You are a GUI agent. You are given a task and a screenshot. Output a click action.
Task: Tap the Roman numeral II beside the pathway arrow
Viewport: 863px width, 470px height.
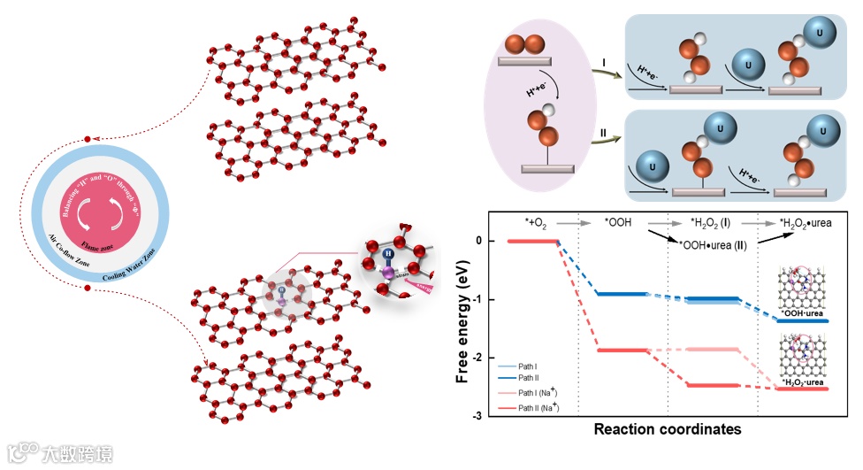pos(603,133)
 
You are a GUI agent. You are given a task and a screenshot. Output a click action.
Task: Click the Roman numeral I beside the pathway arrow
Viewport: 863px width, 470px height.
pos(604,63)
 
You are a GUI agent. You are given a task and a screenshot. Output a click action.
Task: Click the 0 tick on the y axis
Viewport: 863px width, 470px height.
pos(480,241)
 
